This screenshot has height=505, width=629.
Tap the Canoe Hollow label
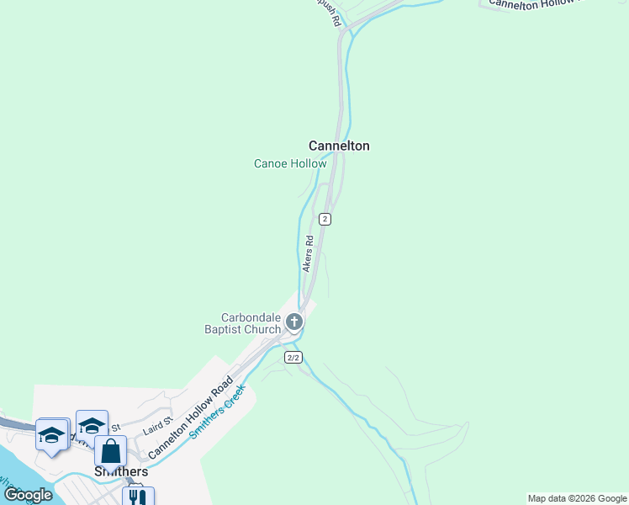click(x=290, y=163)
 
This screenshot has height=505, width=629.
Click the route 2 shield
click(x=325, y=219)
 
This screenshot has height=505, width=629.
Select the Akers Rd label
click(x=308, y=253)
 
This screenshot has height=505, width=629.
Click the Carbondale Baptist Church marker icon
click(x=294, y=322)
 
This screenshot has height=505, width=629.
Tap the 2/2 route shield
click(x=293, y=358)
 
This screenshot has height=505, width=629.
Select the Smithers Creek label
click(x=217, y=412)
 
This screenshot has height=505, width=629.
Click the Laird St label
click(x=157, y=424)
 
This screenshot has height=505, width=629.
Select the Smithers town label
click(x=121, y=471)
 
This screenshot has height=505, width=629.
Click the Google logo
click(x=29, y=495)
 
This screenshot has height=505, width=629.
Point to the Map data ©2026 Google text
click(x=577, y=498)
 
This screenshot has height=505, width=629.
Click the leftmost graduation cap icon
click(x=51, y=435)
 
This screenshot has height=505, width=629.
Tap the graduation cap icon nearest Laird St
click(x=92, y=426)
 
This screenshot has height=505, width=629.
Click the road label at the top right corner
click(x=536, y=4)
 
